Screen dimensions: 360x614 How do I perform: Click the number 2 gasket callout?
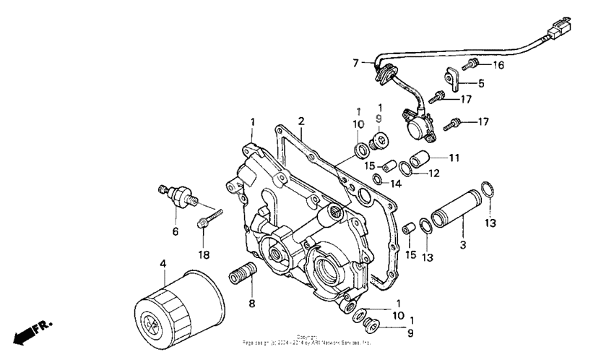[x=301, y=121]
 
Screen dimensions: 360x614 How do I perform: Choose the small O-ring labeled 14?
[x=378, y=179]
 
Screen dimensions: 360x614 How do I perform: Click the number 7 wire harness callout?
[x=355, y=64]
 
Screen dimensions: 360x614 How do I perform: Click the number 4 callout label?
[x=163, y=265]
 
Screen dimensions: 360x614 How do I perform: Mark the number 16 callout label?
[x=498, y=66]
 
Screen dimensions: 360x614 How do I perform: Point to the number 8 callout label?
[x=251, y=304]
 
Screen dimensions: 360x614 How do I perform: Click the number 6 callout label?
[x=174, y=231]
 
